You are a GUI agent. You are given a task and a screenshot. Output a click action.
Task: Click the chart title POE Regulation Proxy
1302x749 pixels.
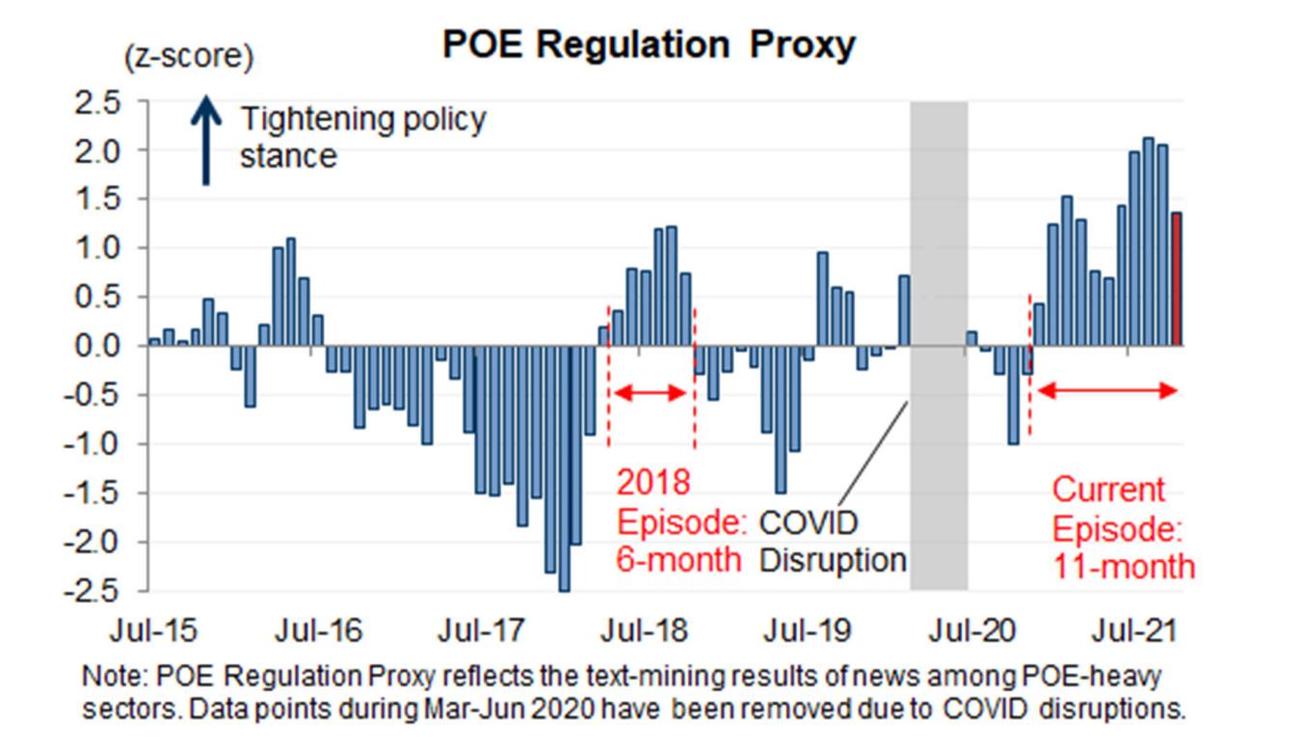tap(648, 45)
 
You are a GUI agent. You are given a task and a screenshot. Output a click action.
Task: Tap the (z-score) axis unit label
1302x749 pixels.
tap(188, 59)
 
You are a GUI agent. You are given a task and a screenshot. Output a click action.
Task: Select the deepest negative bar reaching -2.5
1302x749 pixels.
tap(564, 468)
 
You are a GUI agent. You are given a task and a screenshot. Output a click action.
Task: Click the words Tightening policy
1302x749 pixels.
tap(363, 121)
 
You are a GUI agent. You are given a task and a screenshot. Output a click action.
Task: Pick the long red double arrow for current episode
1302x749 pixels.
tap(1106, 390)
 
